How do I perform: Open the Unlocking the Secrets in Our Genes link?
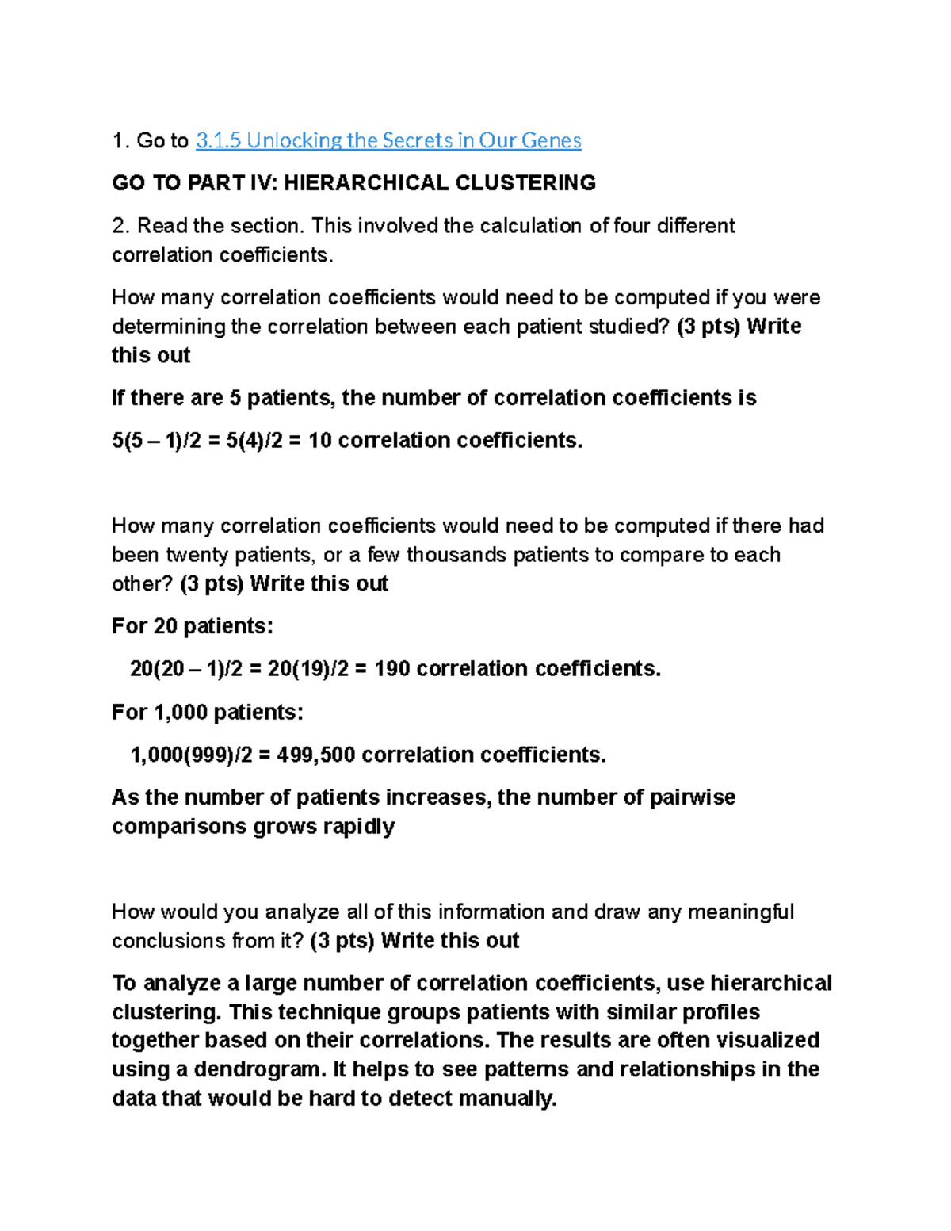[x=388, y=141]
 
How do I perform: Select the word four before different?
[x=633, y=226]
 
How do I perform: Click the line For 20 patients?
[x=193, y=626]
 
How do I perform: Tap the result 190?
[x=391, y=669]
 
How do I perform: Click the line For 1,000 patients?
[x=208, y=712]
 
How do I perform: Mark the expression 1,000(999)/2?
[x=191, y=755]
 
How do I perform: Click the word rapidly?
[x=358, y=827]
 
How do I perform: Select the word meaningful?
[x=740, y=912]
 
